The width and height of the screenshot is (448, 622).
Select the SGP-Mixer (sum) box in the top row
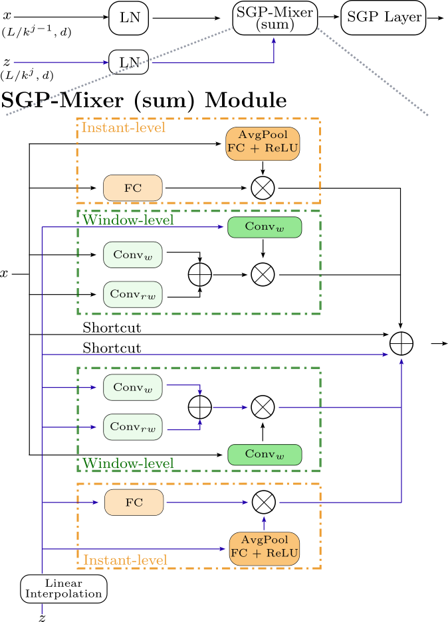pos(275,17)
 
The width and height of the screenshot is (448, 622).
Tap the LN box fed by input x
pos(130,18)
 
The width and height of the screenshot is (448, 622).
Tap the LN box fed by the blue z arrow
pos(130,62)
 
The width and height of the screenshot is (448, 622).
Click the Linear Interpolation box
pos(64,588)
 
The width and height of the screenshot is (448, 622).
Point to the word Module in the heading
pos(245,101)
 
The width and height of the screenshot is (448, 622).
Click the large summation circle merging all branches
pos(401,343)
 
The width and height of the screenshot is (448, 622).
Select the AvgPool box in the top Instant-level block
pos(263,143)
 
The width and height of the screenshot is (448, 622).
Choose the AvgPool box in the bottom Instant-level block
pos(263,548)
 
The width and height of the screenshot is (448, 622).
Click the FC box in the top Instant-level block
pos(133,188)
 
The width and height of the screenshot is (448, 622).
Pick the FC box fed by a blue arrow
pos(133,503)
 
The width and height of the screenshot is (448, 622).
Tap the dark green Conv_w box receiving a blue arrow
pos(265,227)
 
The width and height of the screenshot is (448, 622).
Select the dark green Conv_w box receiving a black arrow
pos(265,455)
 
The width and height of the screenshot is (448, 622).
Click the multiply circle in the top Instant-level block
pos(263,188)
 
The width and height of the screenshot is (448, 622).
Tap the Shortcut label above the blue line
pos(112,348)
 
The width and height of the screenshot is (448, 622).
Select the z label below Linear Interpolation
pos(42,617)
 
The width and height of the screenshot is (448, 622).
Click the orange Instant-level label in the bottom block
pos(125,560)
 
